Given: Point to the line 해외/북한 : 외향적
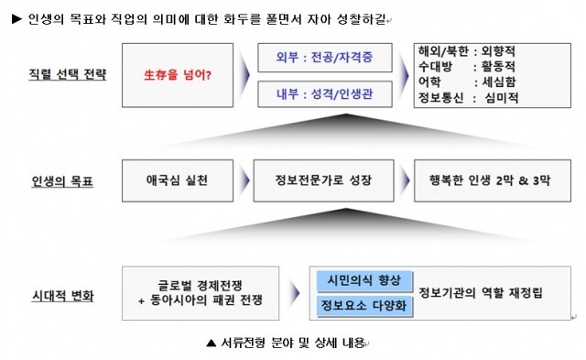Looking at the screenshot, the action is (x=467, y=51).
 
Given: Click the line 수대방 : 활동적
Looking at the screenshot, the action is (x=467, y=67).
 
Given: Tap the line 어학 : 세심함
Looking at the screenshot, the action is (x=467, y=82).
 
